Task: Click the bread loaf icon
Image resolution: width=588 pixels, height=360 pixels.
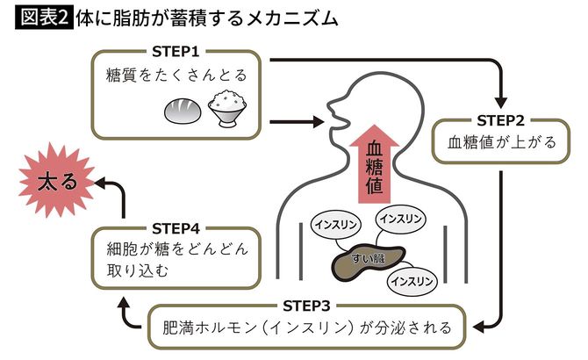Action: click(x=183, y=112)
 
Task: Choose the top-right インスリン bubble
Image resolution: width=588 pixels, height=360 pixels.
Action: click(x=402, y=216)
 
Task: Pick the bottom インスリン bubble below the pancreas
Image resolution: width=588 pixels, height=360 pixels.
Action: click(x=412, y=281)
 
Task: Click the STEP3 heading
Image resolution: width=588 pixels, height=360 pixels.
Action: click(x=307, y=305)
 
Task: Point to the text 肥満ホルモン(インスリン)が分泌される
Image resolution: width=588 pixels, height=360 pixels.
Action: click(x=307, y=328)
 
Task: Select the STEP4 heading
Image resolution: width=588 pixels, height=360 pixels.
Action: click(x=176, y=225)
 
